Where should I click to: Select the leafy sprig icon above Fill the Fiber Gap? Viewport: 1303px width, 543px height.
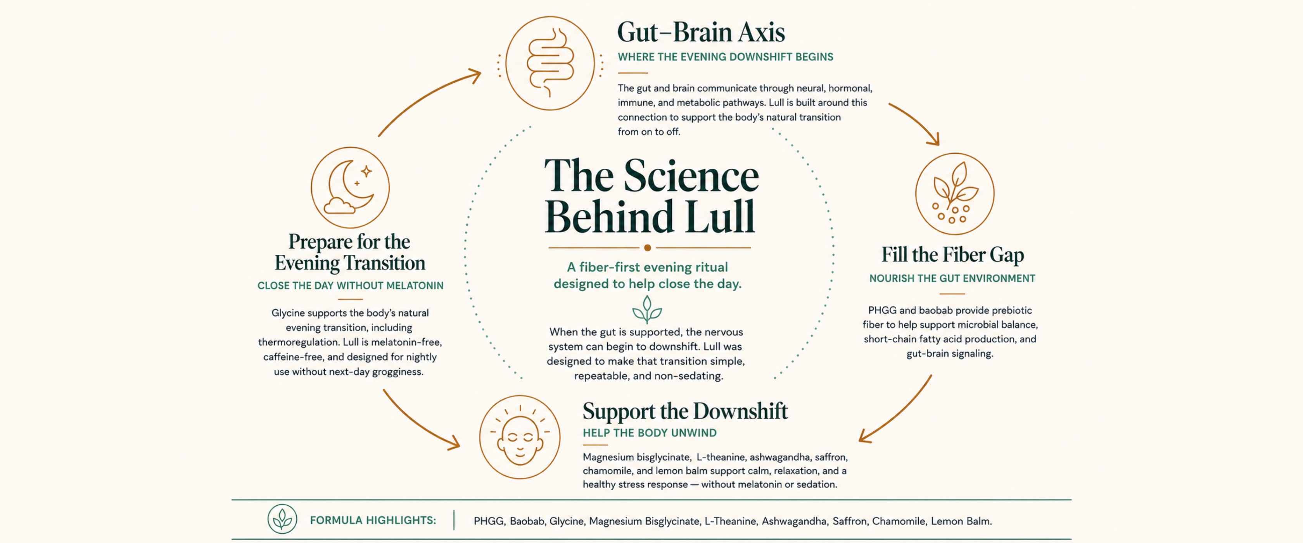pos(954,193)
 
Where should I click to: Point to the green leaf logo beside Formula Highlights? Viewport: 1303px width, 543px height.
pos(282,519)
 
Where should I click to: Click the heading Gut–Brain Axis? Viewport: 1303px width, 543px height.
pos(701,33)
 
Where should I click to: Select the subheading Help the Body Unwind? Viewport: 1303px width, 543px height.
pos(650,433)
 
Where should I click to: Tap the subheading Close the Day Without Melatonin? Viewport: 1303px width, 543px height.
pos(350,286)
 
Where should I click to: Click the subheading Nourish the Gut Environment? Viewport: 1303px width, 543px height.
pos(952,279)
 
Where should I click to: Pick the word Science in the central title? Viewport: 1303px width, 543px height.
pos(691,176)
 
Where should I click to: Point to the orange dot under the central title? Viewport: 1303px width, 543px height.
pos(648,248)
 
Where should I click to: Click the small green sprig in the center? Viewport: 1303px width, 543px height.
pos(647,310)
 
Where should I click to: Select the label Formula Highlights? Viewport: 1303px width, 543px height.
pos(373,520)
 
